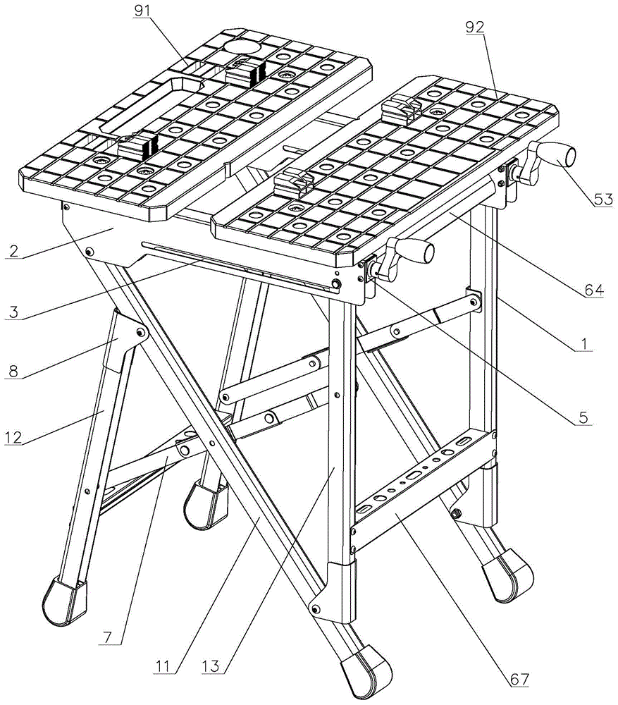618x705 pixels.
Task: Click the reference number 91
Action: pyautogui.click(x=142, y=11)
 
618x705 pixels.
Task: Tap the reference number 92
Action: pyautogui.click(x=475, y=28)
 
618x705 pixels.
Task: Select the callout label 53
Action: pyautogui.click(x=604, y=200)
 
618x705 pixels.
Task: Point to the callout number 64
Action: pyautogui.click(x=594, y=290)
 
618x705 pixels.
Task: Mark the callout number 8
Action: pyautogui.click(x=13, y=372)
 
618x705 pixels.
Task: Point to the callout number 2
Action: pyautogui.click(x=14, y=250)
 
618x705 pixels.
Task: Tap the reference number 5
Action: pyautogui.click(x=583, y=417)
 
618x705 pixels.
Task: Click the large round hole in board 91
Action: pyautogui.click(x=242, y=47)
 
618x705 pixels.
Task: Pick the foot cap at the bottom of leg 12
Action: pyautogui.click(x=65, y=601)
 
